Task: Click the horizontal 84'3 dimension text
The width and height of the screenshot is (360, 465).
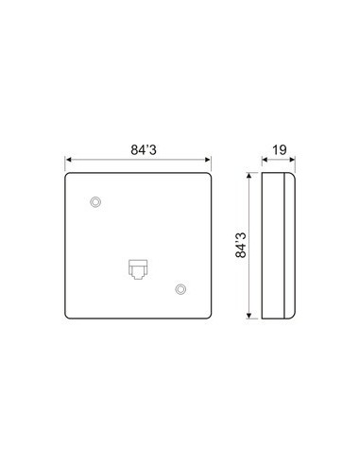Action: pyautogui.click(x=144, y=150)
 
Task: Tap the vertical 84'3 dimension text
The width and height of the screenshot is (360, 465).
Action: pyautogui.click(x=241, y=246)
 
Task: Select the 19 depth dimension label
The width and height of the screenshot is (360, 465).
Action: pyautogui.click(x=279, y=150)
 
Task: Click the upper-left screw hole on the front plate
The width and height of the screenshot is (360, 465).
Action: pyautogui.click(x=95, y=201)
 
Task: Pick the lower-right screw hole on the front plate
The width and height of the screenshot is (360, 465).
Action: pyautogui.click(x=180, y=289)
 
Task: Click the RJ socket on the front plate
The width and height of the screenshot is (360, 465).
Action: pyautogui.click(x=138, y=269)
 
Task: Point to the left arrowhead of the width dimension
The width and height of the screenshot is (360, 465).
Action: pyautogui.click(x=68, y=160)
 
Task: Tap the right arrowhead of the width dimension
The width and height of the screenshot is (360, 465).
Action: pyautogui.click(x=208, y=160)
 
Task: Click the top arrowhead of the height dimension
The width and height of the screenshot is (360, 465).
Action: pyautogui.click(x=249, y=176)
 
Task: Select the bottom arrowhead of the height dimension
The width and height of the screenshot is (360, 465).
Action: pyautogui.click(x=249, y=316)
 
